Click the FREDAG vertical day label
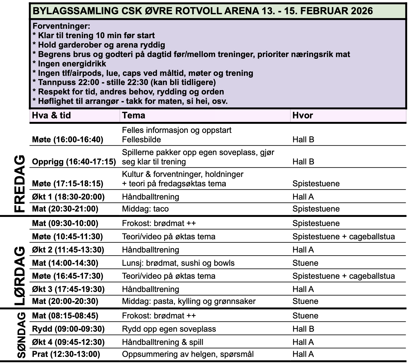point(19,184)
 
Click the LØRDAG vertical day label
point(19,276)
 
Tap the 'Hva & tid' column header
point(51,115)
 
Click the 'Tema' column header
point(133,115)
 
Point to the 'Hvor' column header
point(302,115)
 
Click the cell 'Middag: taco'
point(145,209)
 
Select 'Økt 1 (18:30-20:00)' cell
point(68,197)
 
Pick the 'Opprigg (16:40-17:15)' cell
point(74,162)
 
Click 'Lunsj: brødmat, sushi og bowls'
point(178,263)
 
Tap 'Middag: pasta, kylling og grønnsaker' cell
point(188,301)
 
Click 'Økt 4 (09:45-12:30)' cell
point(68,342)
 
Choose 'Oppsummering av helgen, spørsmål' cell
point(188,354)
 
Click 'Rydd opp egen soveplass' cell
point(169,329)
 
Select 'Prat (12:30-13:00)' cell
point(66,354)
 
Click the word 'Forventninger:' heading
point(61,26)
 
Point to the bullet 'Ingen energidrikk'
point(72,64)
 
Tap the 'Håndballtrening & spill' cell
point(162,342)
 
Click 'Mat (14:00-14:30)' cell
point(65,263)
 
